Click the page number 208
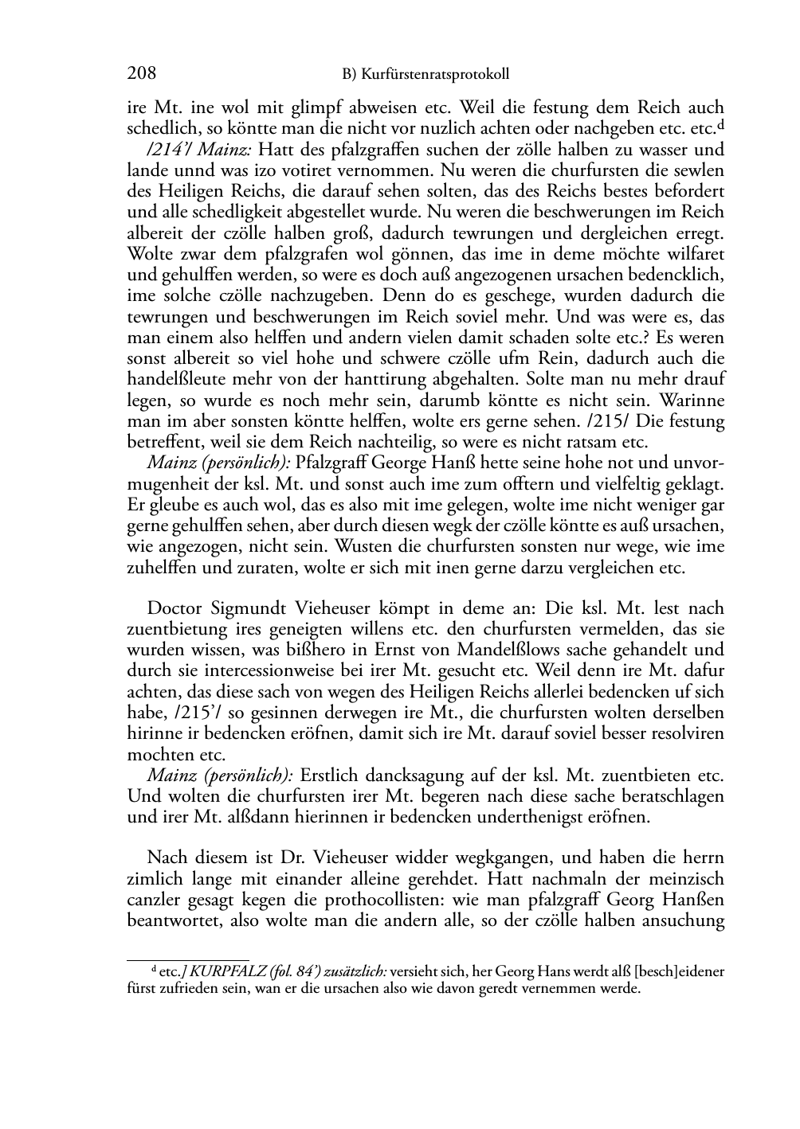click(141, 73)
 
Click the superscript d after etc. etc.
click(720, 125)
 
